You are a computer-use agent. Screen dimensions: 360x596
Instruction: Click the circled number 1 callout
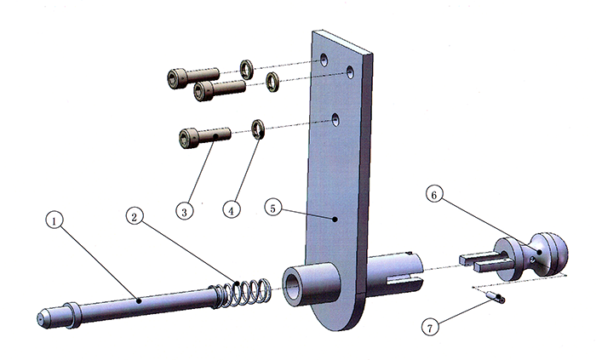coord(53,220)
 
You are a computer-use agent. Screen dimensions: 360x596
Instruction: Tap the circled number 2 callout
coord(135,216)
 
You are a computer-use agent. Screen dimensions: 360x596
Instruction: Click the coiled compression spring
coord(244,291)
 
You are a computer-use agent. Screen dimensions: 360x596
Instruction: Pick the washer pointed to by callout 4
coord(257,130)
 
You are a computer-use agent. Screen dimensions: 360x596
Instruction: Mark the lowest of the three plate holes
coord(336,118)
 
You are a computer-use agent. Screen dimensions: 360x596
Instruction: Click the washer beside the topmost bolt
coord(245,69)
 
